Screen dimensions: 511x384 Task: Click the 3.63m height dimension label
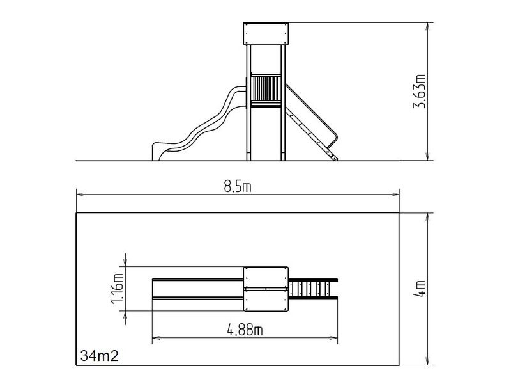pyautogui.click(x=420, y=92)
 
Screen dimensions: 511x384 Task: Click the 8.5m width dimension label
pyautogui.click(x=238, y=187)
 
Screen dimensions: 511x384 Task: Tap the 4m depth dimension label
pyautogui.click(x=420, y=289)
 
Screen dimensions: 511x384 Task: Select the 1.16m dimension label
pyautogui.click(x=118, y=289)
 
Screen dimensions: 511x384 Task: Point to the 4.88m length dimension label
pyautogui.click(x=245, y=330)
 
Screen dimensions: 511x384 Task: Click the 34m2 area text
pyautogui.click(x=100, y=356)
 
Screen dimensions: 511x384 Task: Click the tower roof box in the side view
pyautogui.click(x=266, y=33)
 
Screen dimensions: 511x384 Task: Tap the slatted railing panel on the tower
pyautogui.click(x=266, y=88)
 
